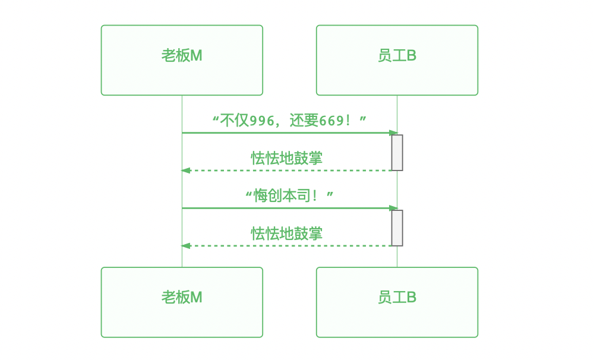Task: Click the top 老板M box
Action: pos(182,60)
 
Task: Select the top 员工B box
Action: pos(397,60)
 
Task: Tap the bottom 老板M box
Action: pos(182,302)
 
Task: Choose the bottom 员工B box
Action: pos(397,302)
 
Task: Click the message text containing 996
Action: pos(289,121)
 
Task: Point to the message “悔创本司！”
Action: pos(289,196)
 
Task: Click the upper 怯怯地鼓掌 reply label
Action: pos(287,158)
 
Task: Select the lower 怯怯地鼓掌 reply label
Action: pos(287,233)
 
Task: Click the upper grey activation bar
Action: pos(397,153)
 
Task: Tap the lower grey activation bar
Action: pos(397,228)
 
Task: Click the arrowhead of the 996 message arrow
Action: pos(393,133)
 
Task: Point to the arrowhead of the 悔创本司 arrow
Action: pos(393,208)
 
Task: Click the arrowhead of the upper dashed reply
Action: pos(185,170)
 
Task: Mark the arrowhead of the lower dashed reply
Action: pos(185,246)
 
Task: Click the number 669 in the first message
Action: pos(331,121)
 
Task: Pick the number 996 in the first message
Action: pos(262,121)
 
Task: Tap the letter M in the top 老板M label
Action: pos(196,56)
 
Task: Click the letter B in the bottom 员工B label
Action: pos(412,298)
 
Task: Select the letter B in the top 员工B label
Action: pos(412,56)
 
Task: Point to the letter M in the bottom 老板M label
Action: pos(196,298)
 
